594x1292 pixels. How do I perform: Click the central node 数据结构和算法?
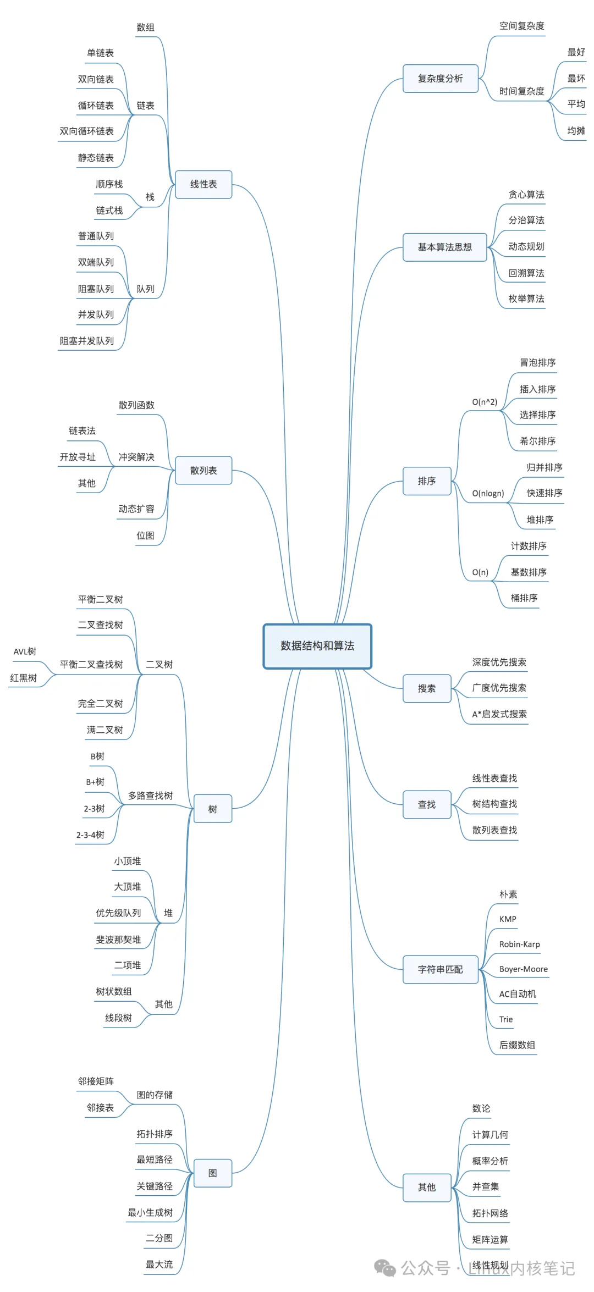pos(317,646)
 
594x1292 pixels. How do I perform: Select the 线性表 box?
pos(204,184)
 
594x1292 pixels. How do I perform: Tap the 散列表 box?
pos(204,470)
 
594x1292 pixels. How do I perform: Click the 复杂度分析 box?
pos(440,79)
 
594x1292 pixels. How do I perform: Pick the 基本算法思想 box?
pos(444,247)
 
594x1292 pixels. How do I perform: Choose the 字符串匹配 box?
pos(440,969)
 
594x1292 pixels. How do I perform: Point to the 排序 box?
pos(427,481)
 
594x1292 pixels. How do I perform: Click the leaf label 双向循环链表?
pos(87,131)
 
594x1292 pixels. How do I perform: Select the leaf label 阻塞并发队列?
pos(87,341)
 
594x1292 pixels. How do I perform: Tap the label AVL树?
pos(25,651)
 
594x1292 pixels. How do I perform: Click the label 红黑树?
pos(24,678)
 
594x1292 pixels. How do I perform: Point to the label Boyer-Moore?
pos(523,969)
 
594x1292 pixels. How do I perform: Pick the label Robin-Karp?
pos(519,944)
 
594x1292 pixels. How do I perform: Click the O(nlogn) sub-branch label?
pos(488,493)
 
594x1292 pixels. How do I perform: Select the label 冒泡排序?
pos(537,363)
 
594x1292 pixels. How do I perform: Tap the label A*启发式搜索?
pos(499,714)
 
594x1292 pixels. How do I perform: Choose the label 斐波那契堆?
pos(118,940)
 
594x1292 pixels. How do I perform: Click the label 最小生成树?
pos(150,1212)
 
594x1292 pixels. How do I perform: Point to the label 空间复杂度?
pos(521,26)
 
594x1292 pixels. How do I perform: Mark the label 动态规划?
pos(526,247)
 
